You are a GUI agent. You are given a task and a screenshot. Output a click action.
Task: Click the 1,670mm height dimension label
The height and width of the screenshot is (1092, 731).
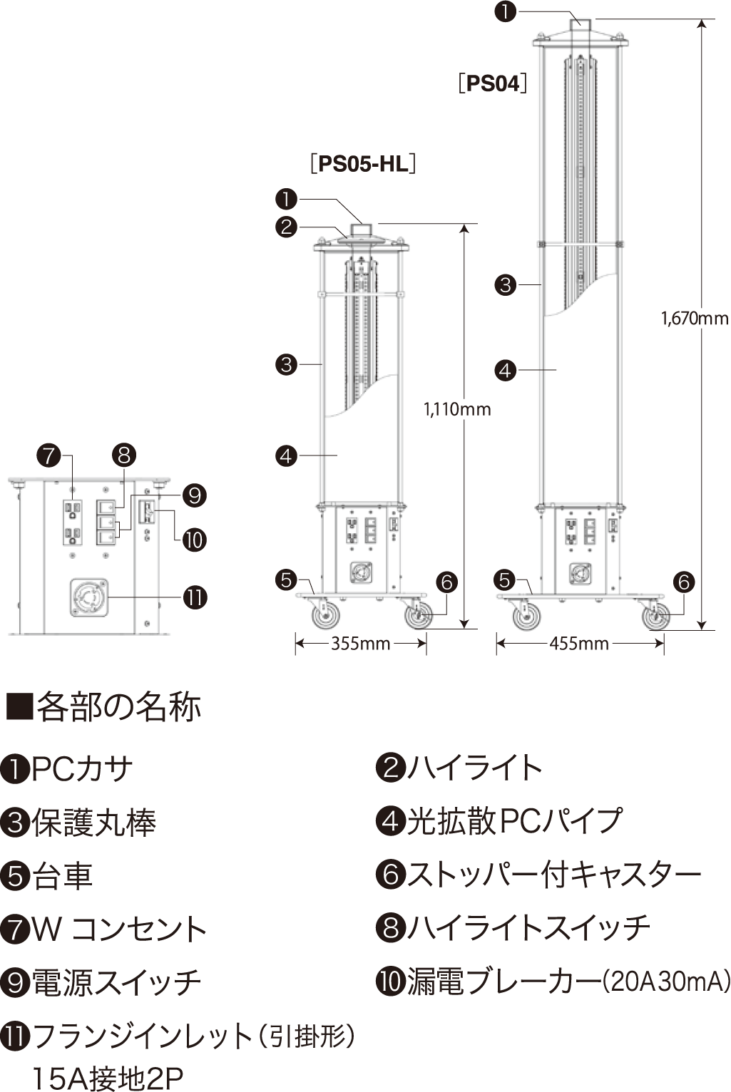[695, 319]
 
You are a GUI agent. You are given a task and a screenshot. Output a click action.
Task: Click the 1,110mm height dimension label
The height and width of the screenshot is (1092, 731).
[457, 409]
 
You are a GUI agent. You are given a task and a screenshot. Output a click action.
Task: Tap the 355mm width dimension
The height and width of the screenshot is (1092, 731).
[361, 644]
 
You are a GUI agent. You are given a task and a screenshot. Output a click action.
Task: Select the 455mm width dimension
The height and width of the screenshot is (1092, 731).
[579, 644]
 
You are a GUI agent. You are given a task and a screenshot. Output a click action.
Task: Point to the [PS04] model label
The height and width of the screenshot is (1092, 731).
[493, 83]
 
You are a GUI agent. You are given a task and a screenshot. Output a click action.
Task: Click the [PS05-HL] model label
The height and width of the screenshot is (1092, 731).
[363, 164]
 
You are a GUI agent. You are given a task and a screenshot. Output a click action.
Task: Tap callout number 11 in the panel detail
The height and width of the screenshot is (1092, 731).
[195, 597]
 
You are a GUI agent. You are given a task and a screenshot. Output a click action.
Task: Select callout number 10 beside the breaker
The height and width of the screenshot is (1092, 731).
[195, 540]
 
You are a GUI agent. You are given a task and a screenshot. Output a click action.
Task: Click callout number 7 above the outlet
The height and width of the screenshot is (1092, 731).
[48, 455]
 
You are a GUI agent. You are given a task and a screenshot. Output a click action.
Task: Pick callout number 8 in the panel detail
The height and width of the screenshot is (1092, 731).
[124, 455]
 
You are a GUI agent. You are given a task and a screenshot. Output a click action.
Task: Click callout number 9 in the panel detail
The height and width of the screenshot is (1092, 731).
[195, 496]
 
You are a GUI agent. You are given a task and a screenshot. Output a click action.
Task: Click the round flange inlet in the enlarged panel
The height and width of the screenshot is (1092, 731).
[89, 597]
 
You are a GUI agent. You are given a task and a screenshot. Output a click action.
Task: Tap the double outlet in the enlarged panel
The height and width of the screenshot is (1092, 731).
[72, 522]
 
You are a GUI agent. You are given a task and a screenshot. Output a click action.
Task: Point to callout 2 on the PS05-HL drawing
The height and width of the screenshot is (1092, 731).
[286, 227]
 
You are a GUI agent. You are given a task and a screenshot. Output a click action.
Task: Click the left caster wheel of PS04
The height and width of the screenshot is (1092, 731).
[526, 617]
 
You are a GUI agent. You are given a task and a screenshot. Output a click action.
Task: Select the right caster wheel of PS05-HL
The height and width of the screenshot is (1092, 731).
[419, 616]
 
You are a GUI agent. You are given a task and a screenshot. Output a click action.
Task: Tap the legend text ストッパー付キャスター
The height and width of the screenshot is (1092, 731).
[554, 875]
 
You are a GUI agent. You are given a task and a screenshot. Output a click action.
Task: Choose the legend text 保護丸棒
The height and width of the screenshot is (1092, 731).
[93, 823]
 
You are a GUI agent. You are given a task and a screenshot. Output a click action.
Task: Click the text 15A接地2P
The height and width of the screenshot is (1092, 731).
[107, 1078]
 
